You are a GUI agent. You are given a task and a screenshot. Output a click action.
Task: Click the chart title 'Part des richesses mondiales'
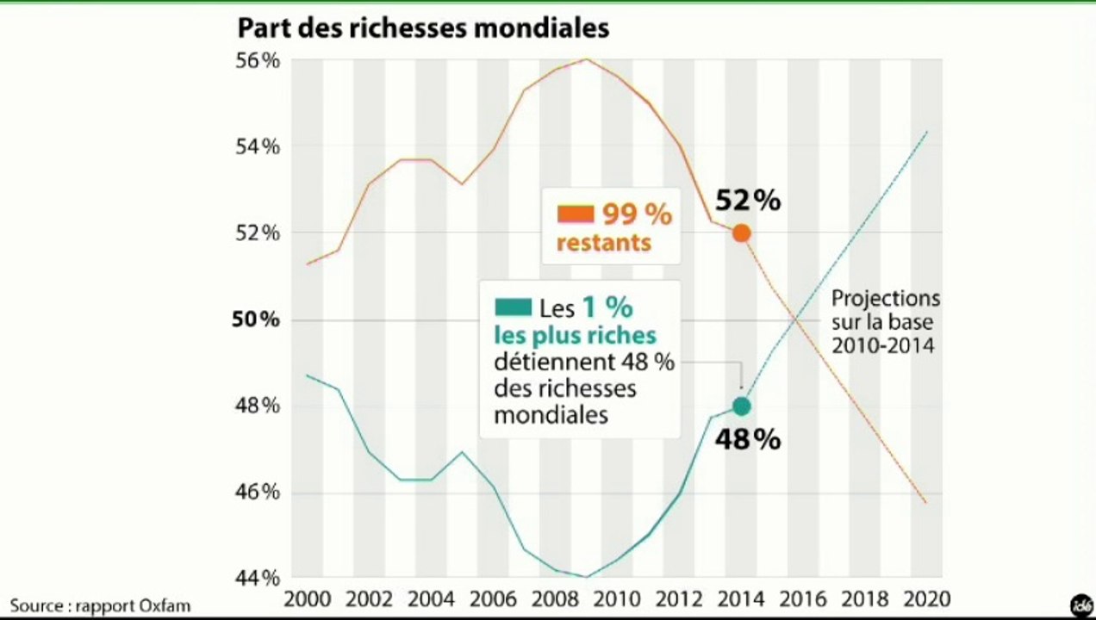pyautogui.click(x=423, y=28)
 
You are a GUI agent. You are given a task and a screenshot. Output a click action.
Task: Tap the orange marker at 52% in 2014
pyautogui.click(x=741, y=232)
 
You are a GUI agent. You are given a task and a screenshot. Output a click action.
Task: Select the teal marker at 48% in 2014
pyautogui.click(x=741, y=406)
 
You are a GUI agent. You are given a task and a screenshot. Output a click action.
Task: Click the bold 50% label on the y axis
pyautogui.click(x=256, y=319)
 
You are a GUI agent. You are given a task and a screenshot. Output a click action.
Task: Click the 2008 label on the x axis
pyautogui.click(x=553, y=598)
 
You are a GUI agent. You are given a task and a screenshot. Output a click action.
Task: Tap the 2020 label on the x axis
pyautogui.click(x=925, y=598)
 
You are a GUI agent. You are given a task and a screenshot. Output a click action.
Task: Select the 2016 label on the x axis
pyautogui.click(x=802, y=598)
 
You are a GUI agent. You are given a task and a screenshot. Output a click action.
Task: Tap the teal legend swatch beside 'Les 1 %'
pyautogui.click(x=513, y=307)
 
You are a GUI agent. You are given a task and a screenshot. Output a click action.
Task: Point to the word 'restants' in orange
pyautogui.click(x=603, y=243)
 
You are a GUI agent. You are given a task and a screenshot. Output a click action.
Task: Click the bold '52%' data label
pyautogui.click(x=748, y=201)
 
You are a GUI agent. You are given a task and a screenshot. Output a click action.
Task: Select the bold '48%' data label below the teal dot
pyautogui.click(x=748, y=439)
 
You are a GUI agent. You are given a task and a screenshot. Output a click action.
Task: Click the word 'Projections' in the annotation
pyautogui.click(x=885, y=299)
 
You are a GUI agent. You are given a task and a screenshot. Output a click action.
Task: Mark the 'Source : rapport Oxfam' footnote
pyautogui.click(x=100, y=605)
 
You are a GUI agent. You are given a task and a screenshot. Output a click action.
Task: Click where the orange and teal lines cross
pyautogui.click(x=795, y=320)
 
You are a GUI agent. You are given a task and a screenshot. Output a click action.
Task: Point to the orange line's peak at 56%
pyautogui.click(x=586, y=59)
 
